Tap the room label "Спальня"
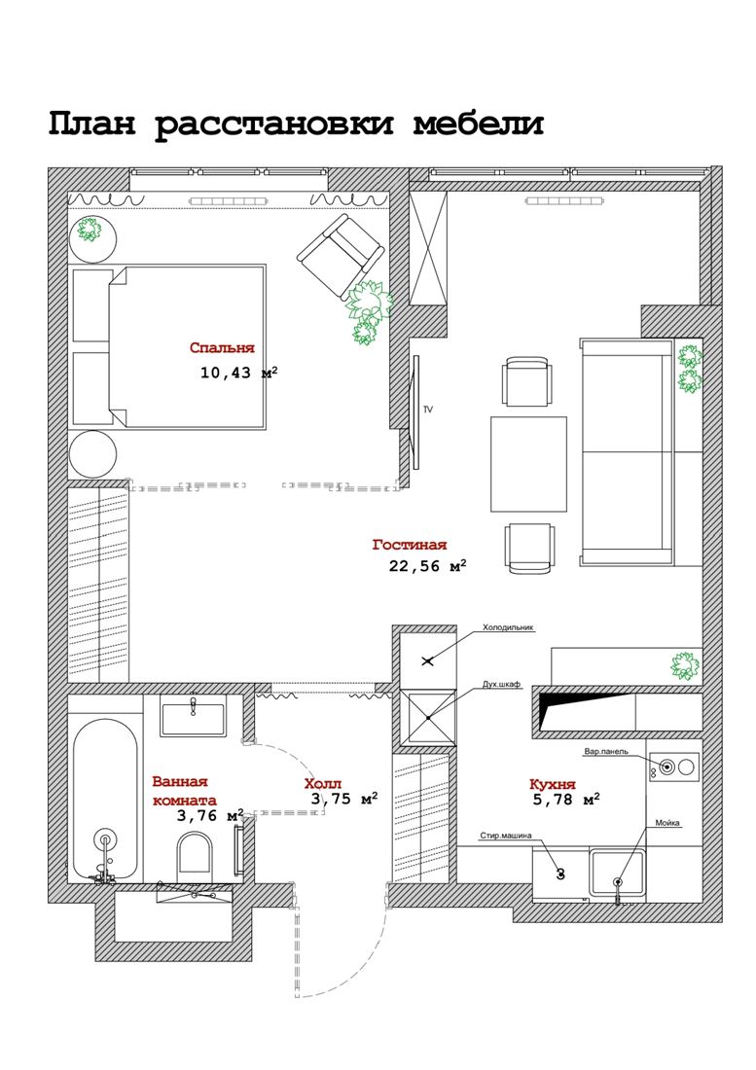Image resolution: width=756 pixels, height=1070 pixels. point(222,348)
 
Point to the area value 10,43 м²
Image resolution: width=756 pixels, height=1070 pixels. point(238,372)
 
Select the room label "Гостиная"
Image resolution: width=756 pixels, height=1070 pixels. point(410,545)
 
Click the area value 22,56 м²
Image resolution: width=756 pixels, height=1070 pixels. point(428,565)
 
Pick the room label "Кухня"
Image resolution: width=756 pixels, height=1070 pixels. point(553,784)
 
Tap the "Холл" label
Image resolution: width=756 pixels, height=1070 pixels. point(323,784)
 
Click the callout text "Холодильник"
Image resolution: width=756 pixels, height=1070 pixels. point(508,626)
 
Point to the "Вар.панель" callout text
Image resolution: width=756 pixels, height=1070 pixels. point(606,751)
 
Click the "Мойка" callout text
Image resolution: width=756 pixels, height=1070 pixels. point(667,823)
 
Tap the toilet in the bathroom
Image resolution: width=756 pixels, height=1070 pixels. point(196,856)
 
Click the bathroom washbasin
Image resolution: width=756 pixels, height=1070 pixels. point(193,719)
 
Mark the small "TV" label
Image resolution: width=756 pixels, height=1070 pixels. point(428,410)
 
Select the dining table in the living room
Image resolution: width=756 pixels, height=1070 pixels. point(528,464)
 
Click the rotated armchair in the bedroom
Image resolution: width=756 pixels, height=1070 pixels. point(340,256)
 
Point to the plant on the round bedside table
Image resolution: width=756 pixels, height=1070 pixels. point(89,229)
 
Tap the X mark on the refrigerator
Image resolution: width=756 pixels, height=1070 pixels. point(428,660)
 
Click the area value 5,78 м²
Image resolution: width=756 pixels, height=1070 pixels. point(566,799)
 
